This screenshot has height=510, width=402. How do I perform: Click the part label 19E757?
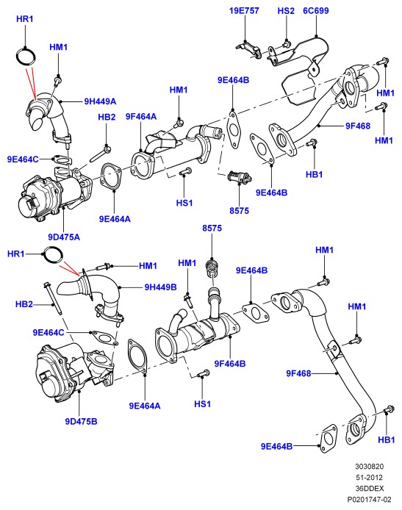pos(244,11)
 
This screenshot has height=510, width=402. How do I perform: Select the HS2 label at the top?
pos(286,11)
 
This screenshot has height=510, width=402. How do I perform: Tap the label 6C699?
pos(316,11)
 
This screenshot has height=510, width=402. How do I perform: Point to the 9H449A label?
pos(100,101)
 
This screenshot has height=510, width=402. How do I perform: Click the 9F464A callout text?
pos(141,116)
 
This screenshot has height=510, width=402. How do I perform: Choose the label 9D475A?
pos(64,237)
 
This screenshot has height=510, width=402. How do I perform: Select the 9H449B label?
pos(161,287)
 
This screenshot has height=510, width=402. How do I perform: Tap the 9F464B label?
pos(230,364)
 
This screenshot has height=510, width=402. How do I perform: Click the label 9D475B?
pos(82,422)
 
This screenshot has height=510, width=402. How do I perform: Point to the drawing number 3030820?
pos(369,467)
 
